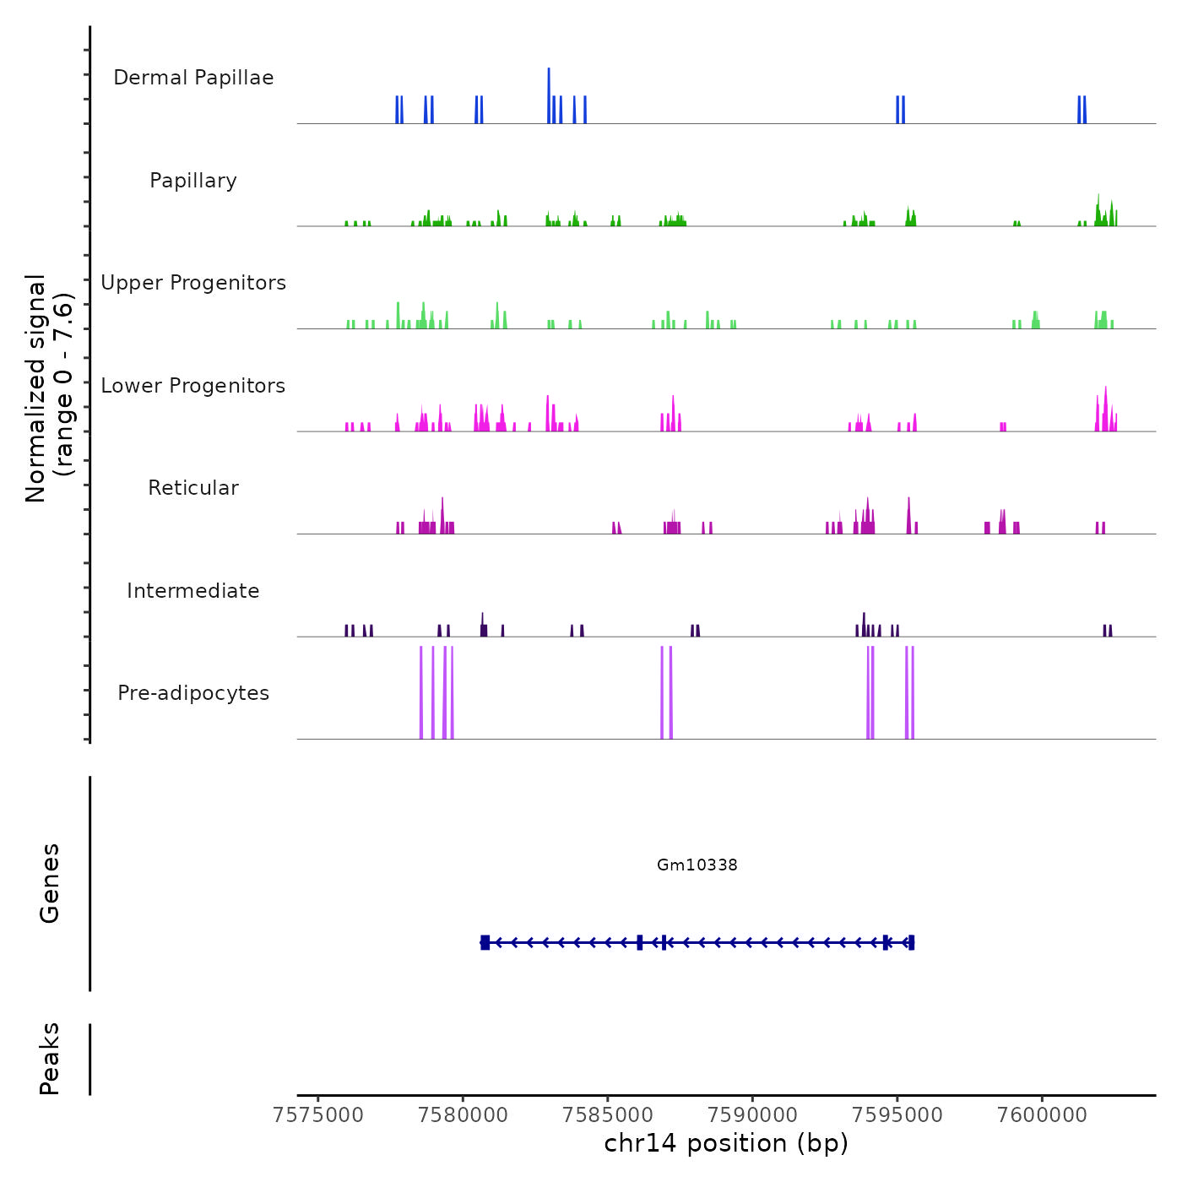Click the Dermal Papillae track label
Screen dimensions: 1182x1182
click(x=193, y=78)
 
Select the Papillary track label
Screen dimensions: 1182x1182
click(x=193, y=181)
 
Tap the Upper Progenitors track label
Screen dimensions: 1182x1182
click(x=193, y=283)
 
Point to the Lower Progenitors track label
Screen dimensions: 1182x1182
click(x=193, y=386)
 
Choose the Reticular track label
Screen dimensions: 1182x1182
click(x=193, y=488)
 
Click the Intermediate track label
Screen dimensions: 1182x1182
click(x=193, y=591)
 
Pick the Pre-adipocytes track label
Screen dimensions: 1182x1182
click(x=193, y=693)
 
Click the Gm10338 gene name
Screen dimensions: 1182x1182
click(x=697, y=865)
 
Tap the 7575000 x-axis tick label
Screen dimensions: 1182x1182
click(x=319, y=1115)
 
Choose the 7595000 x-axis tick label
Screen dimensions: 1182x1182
click(x=897, y=1115)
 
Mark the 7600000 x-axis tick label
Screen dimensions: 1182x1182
click(x=1041, y=1115)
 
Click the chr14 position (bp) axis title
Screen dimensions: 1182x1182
click(x=726, y=1144)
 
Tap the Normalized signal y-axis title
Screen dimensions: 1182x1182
click(x=49, y=388)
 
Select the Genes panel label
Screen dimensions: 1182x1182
click(x=50, y=883)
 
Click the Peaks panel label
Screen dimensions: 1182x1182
click(x=50, y=1059)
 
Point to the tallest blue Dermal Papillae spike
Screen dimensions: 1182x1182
click(x=549, y=95)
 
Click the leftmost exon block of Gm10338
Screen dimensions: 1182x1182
click(x=485, y=942)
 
